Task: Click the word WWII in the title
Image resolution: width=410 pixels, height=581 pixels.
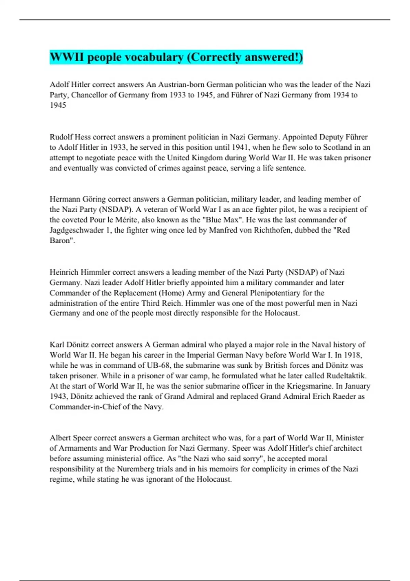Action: tap(67, 57)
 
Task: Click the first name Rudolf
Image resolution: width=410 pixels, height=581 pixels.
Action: tap(61, 137)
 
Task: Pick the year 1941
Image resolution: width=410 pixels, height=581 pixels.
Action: tap(241, 147)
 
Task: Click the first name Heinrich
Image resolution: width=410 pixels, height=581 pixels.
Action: tap(64, 272)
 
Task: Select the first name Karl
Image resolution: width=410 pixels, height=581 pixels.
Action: tap(56, 344)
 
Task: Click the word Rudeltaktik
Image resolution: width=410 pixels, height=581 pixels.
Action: tap(346, 376)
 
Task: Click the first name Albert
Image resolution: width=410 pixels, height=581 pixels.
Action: tap(60, 438)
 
